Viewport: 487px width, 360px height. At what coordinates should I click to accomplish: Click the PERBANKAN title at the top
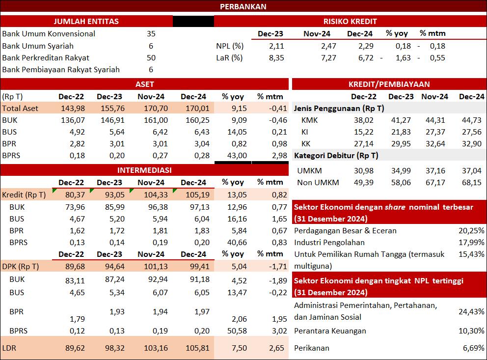pos(243,6)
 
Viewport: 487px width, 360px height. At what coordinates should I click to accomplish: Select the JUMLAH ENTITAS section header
pos(86,22)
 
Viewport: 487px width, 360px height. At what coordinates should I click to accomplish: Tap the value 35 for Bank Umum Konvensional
pos(151,33)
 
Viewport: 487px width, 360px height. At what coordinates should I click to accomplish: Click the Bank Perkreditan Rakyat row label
pos(46,58)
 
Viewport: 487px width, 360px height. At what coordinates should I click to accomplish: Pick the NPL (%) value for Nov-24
pos(328,46)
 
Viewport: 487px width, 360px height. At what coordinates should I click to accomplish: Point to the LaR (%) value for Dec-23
pos(276,58)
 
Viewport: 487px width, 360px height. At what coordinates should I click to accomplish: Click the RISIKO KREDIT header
pos(350,22)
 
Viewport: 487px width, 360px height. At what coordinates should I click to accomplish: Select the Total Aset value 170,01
pos(197,109)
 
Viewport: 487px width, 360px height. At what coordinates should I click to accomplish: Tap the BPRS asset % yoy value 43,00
pos(237,156)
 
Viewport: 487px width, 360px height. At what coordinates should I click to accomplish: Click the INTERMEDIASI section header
pos(144,170)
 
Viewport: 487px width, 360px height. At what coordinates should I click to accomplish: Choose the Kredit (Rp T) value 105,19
pos(197,195)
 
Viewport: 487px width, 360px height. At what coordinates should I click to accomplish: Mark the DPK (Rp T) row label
pos(21,267)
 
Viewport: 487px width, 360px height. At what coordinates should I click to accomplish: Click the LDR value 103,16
pos(156,348)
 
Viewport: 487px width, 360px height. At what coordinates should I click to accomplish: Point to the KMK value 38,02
pos(364,120)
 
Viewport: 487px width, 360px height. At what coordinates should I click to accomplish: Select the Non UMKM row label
pos(318,183)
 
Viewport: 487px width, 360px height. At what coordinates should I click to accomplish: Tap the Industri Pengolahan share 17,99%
pos(471,243)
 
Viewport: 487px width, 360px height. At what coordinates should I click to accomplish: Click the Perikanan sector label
pos(312,348)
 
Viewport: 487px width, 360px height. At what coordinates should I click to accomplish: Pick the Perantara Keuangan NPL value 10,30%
pos(471,331)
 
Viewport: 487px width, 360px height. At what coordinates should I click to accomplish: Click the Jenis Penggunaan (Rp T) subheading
pos(339,109)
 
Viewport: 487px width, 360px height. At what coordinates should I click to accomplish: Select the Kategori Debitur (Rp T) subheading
pos(336,156)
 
